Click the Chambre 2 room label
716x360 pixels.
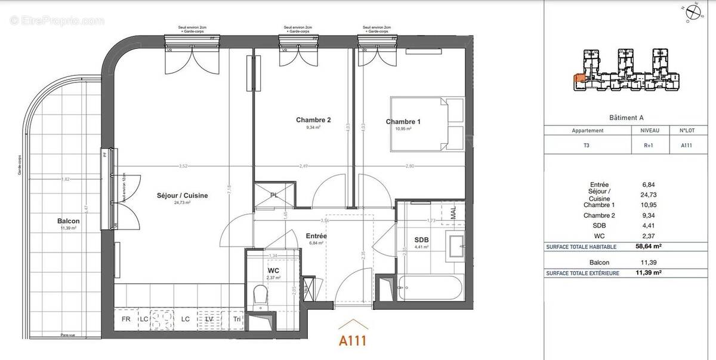click(x=313, y=120)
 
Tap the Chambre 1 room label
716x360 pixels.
click(x=403, y=122)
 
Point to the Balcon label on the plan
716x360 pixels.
click(x=70, y=221)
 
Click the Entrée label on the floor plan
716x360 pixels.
click(x=317, y=236)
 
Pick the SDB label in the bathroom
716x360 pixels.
click(x=422, y=240)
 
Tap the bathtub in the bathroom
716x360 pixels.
click(x=429, y=288)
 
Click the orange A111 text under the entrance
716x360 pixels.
click(x=352, y=341)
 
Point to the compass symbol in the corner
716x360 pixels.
click(x=693, y=11)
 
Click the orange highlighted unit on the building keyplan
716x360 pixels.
click(x=579, y=78)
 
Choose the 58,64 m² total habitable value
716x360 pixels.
click(x=649, y=245)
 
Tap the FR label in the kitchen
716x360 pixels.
click(x=126, y=319)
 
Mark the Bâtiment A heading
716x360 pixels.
click(x=626, y=118)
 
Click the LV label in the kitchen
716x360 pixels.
click(x=209, y=319)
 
